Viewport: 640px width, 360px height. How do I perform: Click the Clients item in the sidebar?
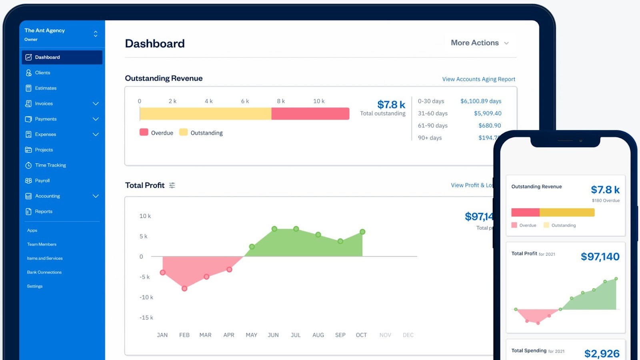[x=42, y=73]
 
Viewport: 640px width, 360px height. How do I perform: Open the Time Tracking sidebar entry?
[x=50, y=165]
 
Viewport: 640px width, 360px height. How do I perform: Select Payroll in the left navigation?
[x=42, y=181]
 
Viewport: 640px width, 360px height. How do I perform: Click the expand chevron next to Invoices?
[x=96, y=104]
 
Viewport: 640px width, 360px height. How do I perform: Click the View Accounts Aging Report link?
[x=478, y=79]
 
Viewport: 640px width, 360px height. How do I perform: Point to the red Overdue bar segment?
[x=310, y=114]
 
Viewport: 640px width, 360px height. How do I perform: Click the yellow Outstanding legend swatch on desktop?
[x=183, y=132]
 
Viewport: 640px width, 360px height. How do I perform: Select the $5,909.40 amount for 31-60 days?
[x=488, y=114]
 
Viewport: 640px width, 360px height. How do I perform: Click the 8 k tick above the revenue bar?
[x=281, y=101]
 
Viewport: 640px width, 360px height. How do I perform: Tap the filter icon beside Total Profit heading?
[x=172, y=185]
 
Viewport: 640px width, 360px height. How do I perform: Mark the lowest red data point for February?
[x=184, y=288]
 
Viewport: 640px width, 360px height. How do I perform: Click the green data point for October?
[x=362, y=232]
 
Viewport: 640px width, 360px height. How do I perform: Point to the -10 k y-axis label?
[x=146, y=297]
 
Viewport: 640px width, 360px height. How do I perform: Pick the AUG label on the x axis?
[x=318, y=335]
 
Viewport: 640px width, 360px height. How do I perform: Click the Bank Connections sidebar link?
[x=44, y=272]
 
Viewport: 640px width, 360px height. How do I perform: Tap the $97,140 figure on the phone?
[x=600, y=257]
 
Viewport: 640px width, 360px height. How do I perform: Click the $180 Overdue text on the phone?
[x=606, y=201]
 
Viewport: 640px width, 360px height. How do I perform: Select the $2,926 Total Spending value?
[x=602, y=353]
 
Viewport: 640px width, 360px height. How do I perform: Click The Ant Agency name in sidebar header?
[x=44, y=30]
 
